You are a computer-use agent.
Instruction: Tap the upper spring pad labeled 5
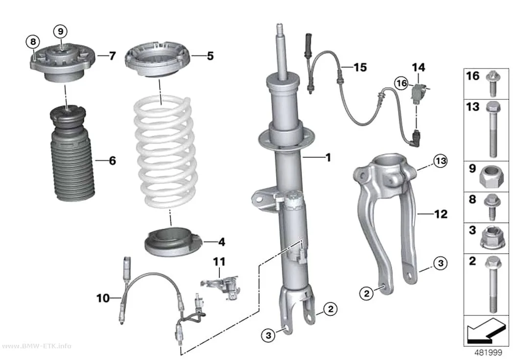pyautogui.click(x=158, y=60)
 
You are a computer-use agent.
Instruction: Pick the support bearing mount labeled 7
pyautogui.click(x=62, y=64)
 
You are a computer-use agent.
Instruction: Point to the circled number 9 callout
pyautogui.click(x=60, y=32)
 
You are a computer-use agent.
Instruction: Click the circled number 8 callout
pyautogui.click(x=33, y=42)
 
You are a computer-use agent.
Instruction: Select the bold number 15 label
pyautogui.click(x=360, y=67)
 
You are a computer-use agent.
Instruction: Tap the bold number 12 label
pyautogui.click(x=441, y=214)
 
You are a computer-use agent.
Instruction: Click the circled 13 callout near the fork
pyautogui.click(x=440, y=161)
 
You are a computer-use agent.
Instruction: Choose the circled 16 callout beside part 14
pyautogui.click(x=401, y=83)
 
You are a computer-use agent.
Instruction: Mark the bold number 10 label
pyautogui.click(x=103, y=298)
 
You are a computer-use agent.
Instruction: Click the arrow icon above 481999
pyautogui.click(x=485, y=331)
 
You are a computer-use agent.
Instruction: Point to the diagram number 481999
pyautogui.click(x=489, y=353)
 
